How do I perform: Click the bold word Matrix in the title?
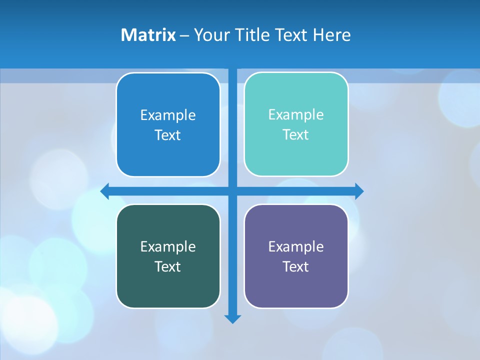pyautogui.click(x=148, y=35)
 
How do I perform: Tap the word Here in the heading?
pyautogui.click(x=331, y=35)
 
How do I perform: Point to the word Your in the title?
pyautogui.click(x=210, y=35)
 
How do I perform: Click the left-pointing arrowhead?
pyautogui.click(x=105, y=191)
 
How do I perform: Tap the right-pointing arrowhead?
pyautogui.click(x=359, y=191)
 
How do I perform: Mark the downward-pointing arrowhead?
pyautogui.click(x=232, y=318)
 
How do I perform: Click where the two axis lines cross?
pyautogui.click(x=232, y=191)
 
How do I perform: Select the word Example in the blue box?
pyautogui.click(x=168, y=115)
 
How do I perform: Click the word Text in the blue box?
pyautogui.click(x=168, y=135)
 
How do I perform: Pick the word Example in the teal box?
pyautogui.click(x=296, y=115)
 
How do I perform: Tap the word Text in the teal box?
pyautogui.click(x=296, y=135)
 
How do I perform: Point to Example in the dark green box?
pyautogui.click(x=168, y=247)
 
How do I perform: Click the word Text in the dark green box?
pyautogui.click(x=168, y=267)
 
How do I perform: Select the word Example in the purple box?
pyautogui.click(x=296, y=247)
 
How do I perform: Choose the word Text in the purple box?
pyautogui.click(x=296, y=267)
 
